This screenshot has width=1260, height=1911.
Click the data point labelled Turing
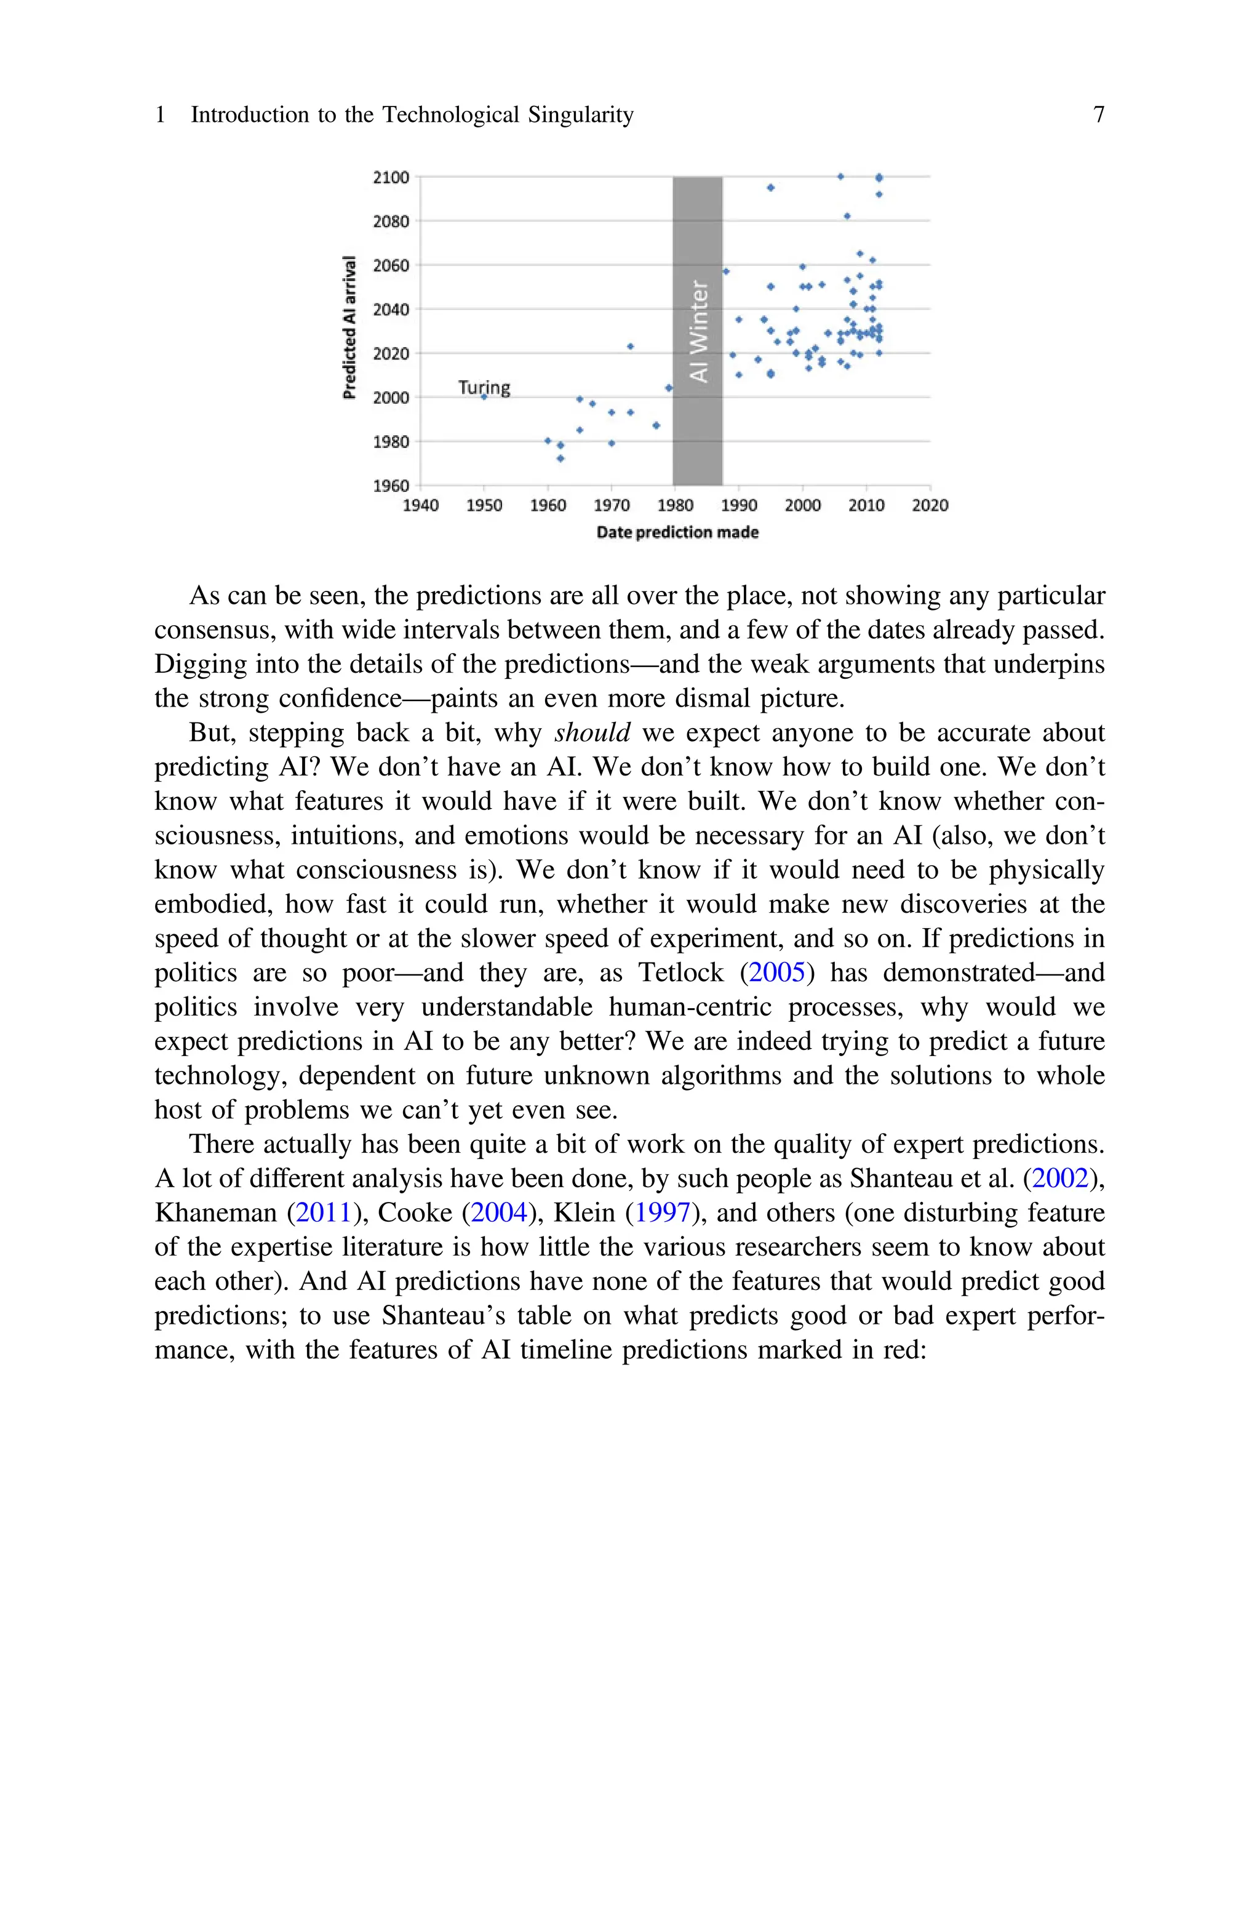484,397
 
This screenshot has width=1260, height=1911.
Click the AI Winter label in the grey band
698,331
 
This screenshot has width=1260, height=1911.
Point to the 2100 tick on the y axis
391,177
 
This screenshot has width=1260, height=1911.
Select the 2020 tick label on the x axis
930,505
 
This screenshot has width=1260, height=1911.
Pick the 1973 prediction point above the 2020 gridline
630,347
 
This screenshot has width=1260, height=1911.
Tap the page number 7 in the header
1098,115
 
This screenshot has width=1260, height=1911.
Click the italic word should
592,733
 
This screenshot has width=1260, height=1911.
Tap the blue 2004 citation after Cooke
498,1212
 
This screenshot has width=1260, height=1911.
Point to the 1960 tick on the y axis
391,486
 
